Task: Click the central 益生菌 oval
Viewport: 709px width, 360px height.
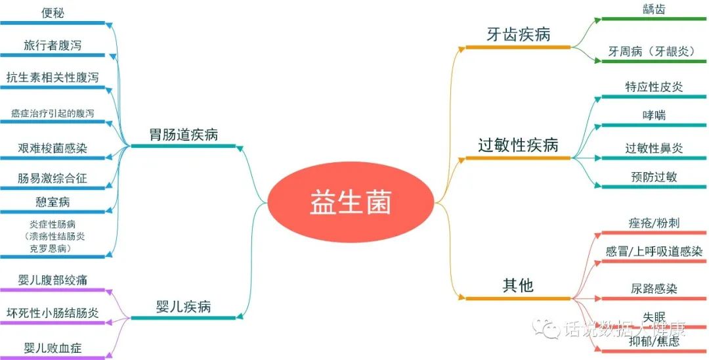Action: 351,202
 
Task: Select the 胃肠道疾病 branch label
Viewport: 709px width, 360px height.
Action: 183,136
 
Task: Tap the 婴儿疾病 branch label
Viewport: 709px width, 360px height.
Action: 183,307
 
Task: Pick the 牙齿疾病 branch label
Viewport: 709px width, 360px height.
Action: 518,35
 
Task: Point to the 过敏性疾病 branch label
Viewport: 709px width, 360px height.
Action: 518,145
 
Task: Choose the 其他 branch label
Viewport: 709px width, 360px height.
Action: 518,286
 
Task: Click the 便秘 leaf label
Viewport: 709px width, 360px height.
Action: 53,12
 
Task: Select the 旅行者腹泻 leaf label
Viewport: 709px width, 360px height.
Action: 53,45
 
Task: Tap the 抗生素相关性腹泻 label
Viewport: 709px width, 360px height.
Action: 53,78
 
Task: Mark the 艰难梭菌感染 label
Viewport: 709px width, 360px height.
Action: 53,148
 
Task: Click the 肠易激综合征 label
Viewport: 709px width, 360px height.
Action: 53,178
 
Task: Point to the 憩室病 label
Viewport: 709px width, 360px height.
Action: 53,202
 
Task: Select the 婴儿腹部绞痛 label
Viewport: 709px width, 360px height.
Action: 53,281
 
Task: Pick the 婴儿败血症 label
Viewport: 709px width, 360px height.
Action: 53,348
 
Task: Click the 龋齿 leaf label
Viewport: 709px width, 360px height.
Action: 654,9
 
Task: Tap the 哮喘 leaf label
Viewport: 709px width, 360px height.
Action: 654,115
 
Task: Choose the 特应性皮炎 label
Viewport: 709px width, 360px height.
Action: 654,87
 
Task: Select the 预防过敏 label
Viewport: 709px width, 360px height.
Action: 654,177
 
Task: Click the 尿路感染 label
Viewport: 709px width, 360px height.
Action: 654,288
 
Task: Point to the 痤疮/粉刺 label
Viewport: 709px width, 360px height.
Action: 654,223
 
